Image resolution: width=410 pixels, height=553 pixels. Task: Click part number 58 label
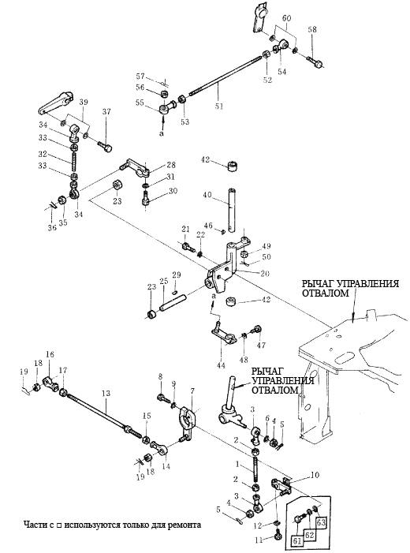pyautogui.click(x=312, y=29)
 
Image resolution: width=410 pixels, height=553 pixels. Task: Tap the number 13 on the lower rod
pyautogui.click(x=106, y=393)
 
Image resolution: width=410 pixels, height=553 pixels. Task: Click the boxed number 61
pyautogui.click(x=297, y=540)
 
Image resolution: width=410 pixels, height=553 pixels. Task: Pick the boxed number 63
pyautogui.click(x=320, y=522)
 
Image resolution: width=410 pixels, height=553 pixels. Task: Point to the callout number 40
pyautogui.click(x=207, y=194)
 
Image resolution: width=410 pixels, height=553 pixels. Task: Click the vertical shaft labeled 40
pyautogui.click(x=231, y=210)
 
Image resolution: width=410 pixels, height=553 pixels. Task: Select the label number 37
pyautogui.click(x=106, y=112)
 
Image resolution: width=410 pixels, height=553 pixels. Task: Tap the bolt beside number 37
pyautogui.click(x=105, y=146)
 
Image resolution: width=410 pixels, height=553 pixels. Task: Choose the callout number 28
pyautogui.click(x=171, y=165)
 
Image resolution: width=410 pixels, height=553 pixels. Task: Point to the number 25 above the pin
pyautogui.click(x=163, y=281)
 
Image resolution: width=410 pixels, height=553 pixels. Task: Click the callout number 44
pyautogui.click(x=221, y=366)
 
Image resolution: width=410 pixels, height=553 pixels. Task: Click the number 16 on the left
pyautogui.click(x=50, y=354)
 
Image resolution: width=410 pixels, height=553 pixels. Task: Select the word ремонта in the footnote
pyautogui.click(x=185, y=525)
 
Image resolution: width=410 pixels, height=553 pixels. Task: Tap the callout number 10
pyautogui.click(x=315, y=475)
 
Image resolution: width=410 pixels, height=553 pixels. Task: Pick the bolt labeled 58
pyautogui.click(x=315, y=62)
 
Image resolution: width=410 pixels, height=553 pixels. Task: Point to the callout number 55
pyautogui.click(x=140, y=103)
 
